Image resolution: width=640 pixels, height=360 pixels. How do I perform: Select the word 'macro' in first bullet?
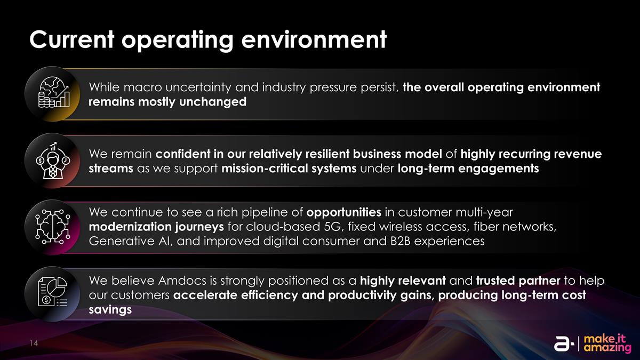[139, 87]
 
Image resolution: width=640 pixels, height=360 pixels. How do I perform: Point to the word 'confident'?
[182, 154]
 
